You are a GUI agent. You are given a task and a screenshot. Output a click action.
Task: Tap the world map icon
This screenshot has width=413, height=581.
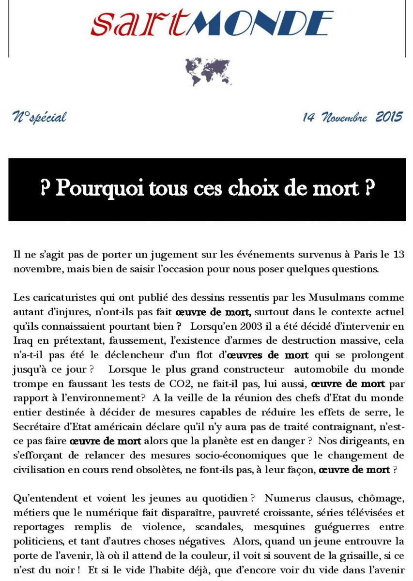[208, 71]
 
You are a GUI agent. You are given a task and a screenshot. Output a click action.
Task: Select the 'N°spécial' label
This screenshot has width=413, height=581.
[39, 117]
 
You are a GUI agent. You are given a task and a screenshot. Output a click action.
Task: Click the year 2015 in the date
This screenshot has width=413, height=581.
[389, 117]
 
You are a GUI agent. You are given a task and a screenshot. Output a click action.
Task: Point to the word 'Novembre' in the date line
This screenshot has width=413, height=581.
[344, 117]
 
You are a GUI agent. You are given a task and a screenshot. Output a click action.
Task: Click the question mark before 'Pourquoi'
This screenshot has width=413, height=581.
[45, 188]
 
